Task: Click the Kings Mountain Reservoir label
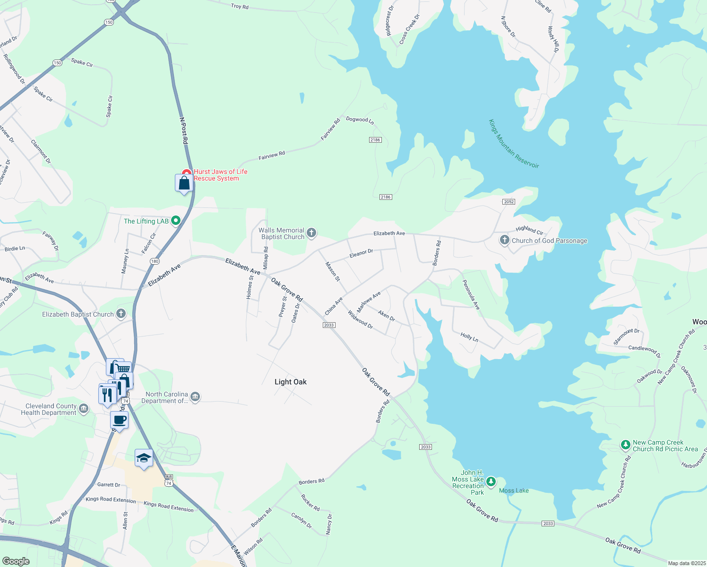(514, 144)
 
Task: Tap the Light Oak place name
(290, 382)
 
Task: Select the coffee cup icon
(119, 420)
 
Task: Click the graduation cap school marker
(144, 457)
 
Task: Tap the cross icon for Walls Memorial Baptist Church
(311, 232)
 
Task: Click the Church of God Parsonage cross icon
(505, 241)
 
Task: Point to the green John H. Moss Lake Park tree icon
(491, 481)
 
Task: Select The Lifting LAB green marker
(176, 221)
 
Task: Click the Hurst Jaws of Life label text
(220, 175)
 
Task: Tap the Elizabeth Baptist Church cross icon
(121, 314)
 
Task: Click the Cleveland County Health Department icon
(84, 409)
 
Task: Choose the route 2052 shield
(509, 202)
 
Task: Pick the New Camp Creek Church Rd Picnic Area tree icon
(625, 445)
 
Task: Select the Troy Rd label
(240, 6)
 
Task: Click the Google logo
(16, 561)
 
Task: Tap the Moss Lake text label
(514, 490)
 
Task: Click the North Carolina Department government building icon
(195, 397)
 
